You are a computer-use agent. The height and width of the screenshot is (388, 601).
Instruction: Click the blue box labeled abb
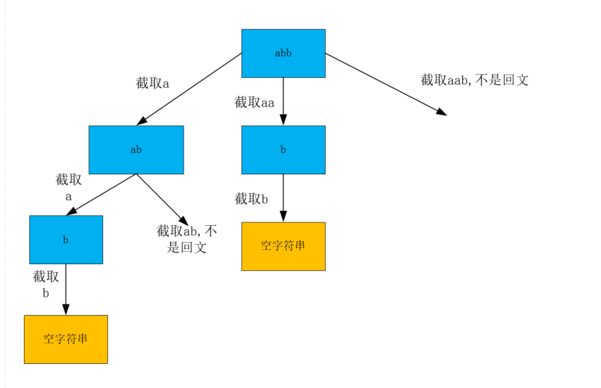click(x=283, y=53)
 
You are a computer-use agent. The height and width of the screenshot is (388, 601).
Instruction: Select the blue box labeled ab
click(x=136, y=149)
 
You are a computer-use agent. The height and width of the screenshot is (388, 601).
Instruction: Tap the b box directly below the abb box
click(x=283, y=149)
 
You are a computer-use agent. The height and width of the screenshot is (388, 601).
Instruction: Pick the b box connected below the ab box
click(x=66, y=239)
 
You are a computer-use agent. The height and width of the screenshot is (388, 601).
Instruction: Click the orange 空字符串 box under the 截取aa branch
click(x=283, y=246)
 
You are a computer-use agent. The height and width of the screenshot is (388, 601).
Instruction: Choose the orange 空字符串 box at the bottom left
click(x=66, y=339)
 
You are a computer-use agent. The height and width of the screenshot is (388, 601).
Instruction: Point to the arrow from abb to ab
click(x=189, y=89)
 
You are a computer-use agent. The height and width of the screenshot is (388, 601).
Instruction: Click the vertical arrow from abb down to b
click(x=283, y=101)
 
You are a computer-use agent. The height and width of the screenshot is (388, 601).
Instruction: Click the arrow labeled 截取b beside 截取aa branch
click(x=283, y=198)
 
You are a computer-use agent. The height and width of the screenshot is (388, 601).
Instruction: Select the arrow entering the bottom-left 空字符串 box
click(x=66, y=289)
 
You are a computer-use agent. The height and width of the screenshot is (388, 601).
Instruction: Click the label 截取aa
click(x=254, y=103)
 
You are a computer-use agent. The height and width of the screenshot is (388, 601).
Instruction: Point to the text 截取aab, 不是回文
click(x=474, y=80)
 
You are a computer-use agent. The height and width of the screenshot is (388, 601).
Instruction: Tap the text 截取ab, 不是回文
click(x=187, y=239)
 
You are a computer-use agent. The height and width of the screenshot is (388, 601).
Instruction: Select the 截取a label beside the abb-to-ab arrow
click(x=153, y=84)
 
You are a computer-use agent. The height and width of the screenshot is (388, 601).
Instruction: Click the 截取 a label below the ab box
click(x=68, y=188)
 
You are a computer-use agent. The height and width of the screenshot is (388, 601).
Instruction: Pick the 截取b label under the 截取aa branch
click(x=251, y=198)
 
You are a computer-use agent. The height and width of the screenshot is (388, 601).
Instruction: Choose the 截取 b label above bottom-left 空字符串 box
click(x=46, y=284)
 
